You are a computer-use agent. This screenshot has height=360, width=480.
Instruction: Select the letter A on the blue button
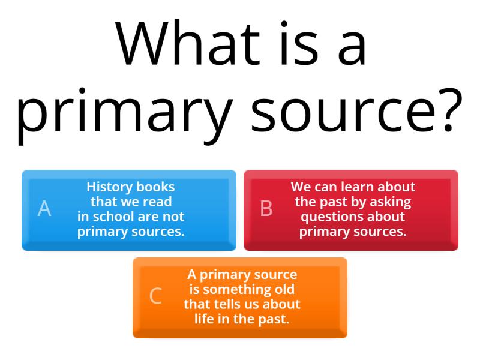point(44,209)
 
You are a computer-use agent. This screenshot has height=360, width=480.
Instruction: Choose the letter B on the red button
point(266,209)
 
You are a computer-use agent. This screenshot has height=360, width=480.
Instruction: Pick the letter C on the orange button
point(155,296)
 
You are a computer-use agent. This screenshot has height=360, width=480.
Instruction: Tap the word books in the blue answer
point(155,187)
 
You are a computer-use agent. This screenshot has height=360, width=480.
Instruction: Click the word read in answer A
point(158,202)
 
